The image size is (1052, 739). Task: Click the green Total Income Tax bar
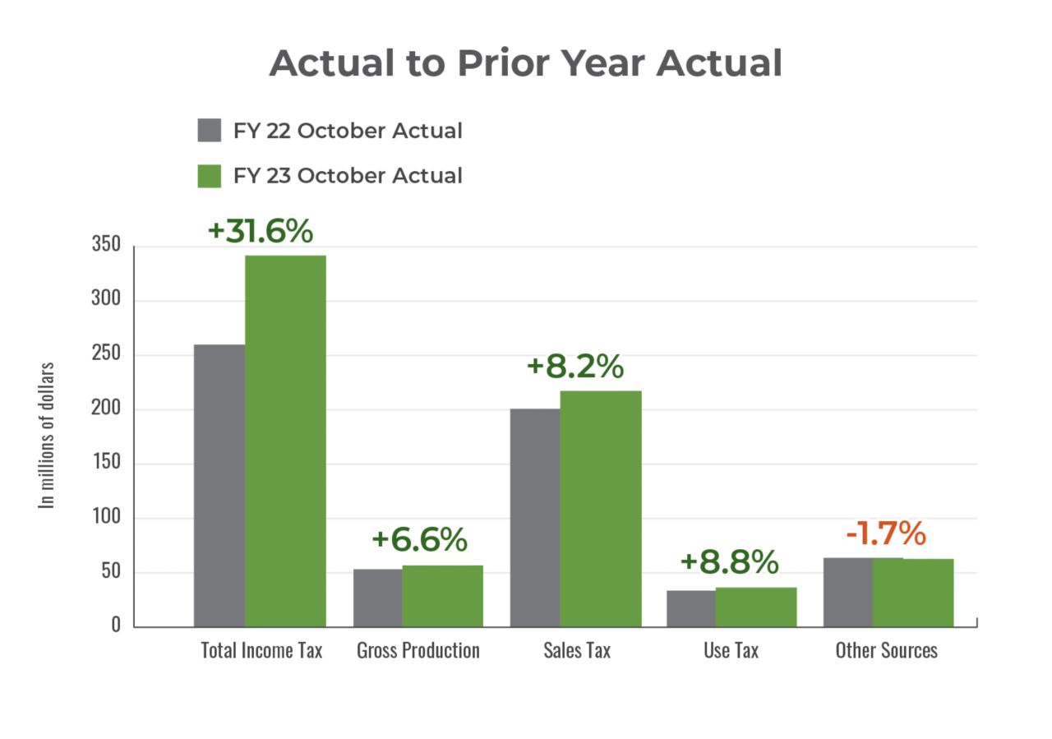pos(285,440)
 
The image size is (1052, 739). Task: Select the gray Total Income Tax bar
pos(219,485)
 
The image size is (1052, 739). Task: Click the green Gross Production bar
pos(442,595)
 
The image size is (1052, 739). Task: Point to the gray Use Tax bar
pos(690,607)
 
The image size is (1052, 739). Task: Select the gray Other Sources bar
pos(847,591)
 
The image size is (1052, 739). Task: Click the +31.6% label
pos(261,231)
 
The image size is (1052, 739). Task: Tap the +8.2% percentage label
pos(574,367)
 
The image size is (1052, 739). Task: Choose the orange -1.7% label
pos(886,534)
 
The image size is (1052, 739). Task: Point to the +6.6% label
pos(419,540)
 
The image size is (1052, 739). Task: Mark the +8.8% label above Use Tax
pos(729,562)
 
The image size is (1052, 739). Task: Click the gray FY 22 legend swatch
pos(210,131)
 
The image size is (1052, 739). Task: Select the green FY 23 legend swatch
pos(210,176)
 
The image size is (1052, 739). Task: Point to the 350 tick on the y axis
pos(106,246)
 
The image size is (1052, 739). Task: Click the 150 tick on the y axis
pos(106,464)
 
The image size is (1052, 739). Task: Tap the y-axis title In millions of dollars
pos(48,436)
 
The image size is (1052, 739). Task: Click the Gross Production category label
pos(418,651)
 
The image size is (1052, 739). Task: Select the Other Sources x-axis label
pos(886,651)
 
